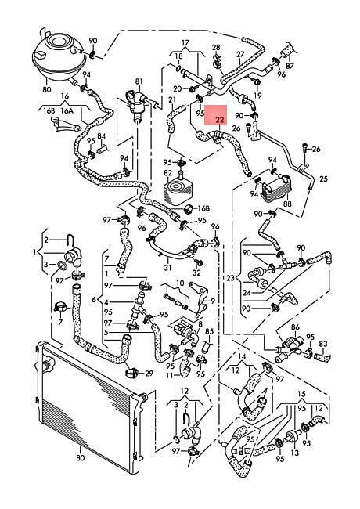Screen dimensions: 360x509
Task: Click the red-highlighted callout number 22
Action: pos(220,120)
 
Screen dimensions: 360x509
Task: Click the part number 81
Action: pos(139,81)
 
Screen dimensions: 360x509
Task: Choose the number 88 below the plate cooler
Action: pos(287,204)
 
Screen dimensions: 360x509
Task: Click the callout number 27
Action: pos(240,54)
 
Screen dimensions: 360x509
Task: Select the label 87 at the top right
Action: pos(290,66)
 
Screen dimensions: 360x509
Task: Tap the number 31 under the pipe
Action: pos(167,268)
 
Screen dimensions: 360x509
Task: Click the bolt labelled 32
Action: pos(197,261)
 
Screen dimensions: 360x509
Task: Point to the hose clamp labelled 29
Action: pos(132,374)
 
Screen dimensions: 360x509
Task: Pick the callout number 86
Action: pos(295,327)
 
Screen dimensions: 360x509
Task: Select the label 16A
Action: pos(67,110)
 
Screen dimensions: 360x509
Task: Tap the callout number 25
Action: pos(323,179)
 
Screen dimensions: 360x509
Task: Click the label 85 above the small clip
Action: pos(210,331)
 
